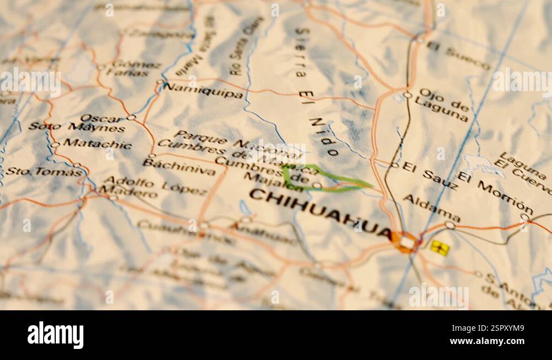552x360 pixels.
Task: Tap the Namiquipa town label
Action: pyautogui.click(x=203, y=91)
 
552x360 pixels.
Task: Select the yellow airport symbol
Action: pyautogui.click(x=439, y=248)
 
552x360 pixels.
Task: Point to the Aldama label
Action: pyautogui.click(x=432, y=208)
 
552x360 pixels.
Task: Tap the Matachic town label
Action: pyautogui.click(x=97, y=144)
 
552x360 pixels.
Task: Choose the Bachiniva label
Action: pyautogui.click(x=179, y=166)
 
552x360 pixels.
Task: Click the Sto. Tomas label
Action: pyautogui.click(x=44, y=172)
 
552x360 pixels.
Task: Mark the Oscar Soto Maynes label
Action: pyautogui.click(x=77, y=123)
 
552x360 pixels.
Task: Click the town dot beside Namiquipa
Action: pyautogui.click(x=160, y=83)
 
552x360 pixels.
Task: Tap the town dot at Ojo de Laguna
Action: pyautogui.click(x=407, y=95)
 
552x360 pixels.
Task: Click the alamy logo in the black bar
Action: pyautogui.click(x=55, y=335)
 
